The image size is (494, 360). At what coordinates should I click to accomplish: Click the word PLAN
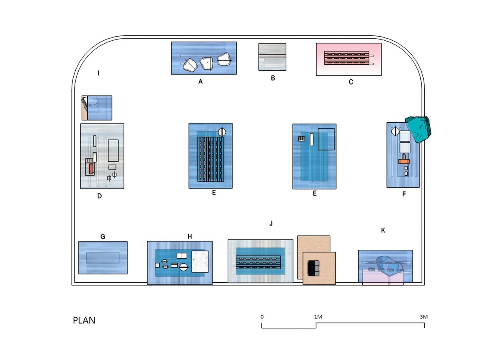pos(84,321)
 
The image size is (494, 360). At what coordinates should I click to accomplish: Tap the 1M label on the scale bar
pos(318,317)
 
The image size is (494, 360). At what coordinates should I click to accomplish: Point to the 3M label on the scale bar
pos(424,317)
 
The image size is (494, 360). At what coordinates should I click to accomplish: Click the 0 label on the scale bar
pos(262,317)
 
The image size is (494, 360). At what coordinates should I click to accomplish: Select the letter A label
pos(200,81)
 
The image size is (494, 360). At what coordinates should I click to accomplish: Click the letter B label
pos(273,78)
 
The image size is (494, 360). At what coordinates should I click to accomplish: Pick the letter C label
pos(351,82)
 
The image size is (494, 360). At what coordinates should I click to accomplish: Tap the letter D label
pos(100,196)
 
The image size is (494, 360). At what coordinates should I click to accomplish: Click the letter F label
pos(404,194)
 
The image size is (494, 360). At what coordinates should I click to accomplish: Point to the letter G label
pos(103,237)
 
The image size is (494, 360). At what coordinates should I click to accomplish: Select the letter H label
pos(190,236)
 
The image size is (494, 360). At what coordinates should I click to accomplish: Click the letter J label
pos(271,223)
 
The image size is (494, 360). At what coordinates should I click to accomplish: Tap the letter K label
pos(383,230)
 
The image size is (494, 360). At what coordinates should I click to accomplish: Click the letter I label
pos(98,73)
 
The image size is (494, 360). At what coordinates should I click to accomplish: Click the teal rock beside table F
pos(418,130)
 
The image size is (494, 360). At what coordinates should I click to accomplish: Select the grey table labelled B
pos(272,57)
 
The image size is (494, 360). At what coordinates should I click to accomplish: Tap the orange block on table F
pos(403,161)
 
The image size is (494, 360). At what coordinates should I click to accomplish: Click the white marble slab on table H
pos(200,261)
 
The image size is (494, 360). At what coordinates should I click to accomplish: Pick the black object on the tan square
pos(313,268)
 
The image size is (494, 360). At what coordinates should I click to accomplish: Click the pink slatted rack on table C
pos(347,58)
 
